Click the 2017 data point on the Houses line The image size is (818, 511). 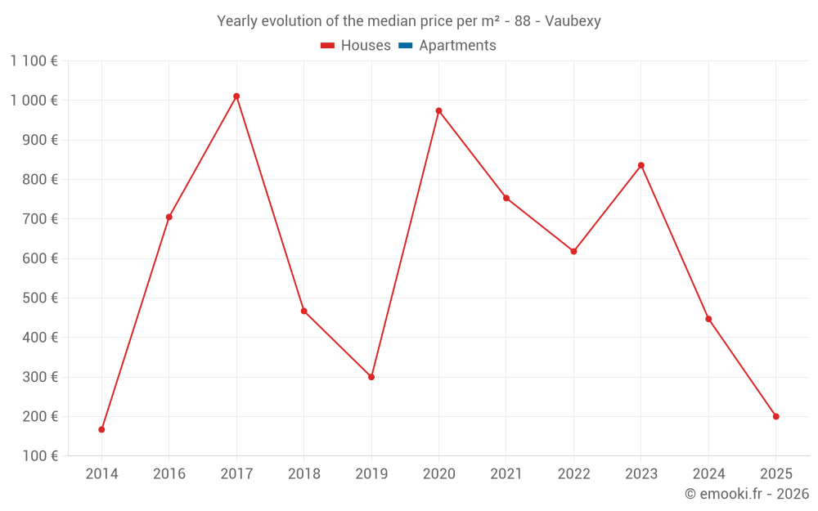(236, 96)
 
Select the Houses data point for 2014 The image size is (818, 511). (101, 429)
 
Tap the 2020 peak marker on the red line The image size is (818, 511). (438, 110)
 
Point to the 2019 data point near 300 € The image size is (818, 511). (371, 377)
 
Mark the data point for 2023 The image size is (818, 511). (641, 165)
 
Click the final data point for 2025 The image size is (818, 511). (776, 416)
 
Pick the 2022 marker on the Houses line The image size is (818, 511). (573, 251)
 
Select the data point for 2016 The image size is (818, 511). (169, 217)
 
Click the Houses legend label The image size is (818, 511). (366, 46)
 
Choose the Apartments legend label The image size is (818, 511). (457, 46)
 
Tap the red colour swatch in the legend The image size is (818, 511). (328, 46)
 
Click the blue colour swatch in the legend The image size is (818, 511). (405, 46)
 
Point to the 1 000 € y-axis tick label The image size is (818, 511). (34, 100)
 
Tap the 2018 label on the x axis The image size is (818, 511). (304, 473)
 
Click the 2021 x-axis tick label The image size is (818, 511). (506, 473)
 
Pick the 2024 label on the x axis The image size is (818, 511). (708, 473)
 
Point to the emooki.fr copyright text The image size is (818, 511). (747, 494)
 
